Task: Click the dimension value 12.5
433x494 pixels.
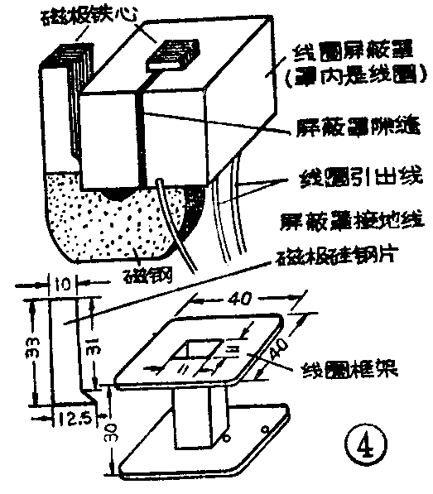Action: coord(75,420)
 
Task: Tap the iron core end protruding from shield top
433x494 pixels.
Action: coord(171,53)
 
